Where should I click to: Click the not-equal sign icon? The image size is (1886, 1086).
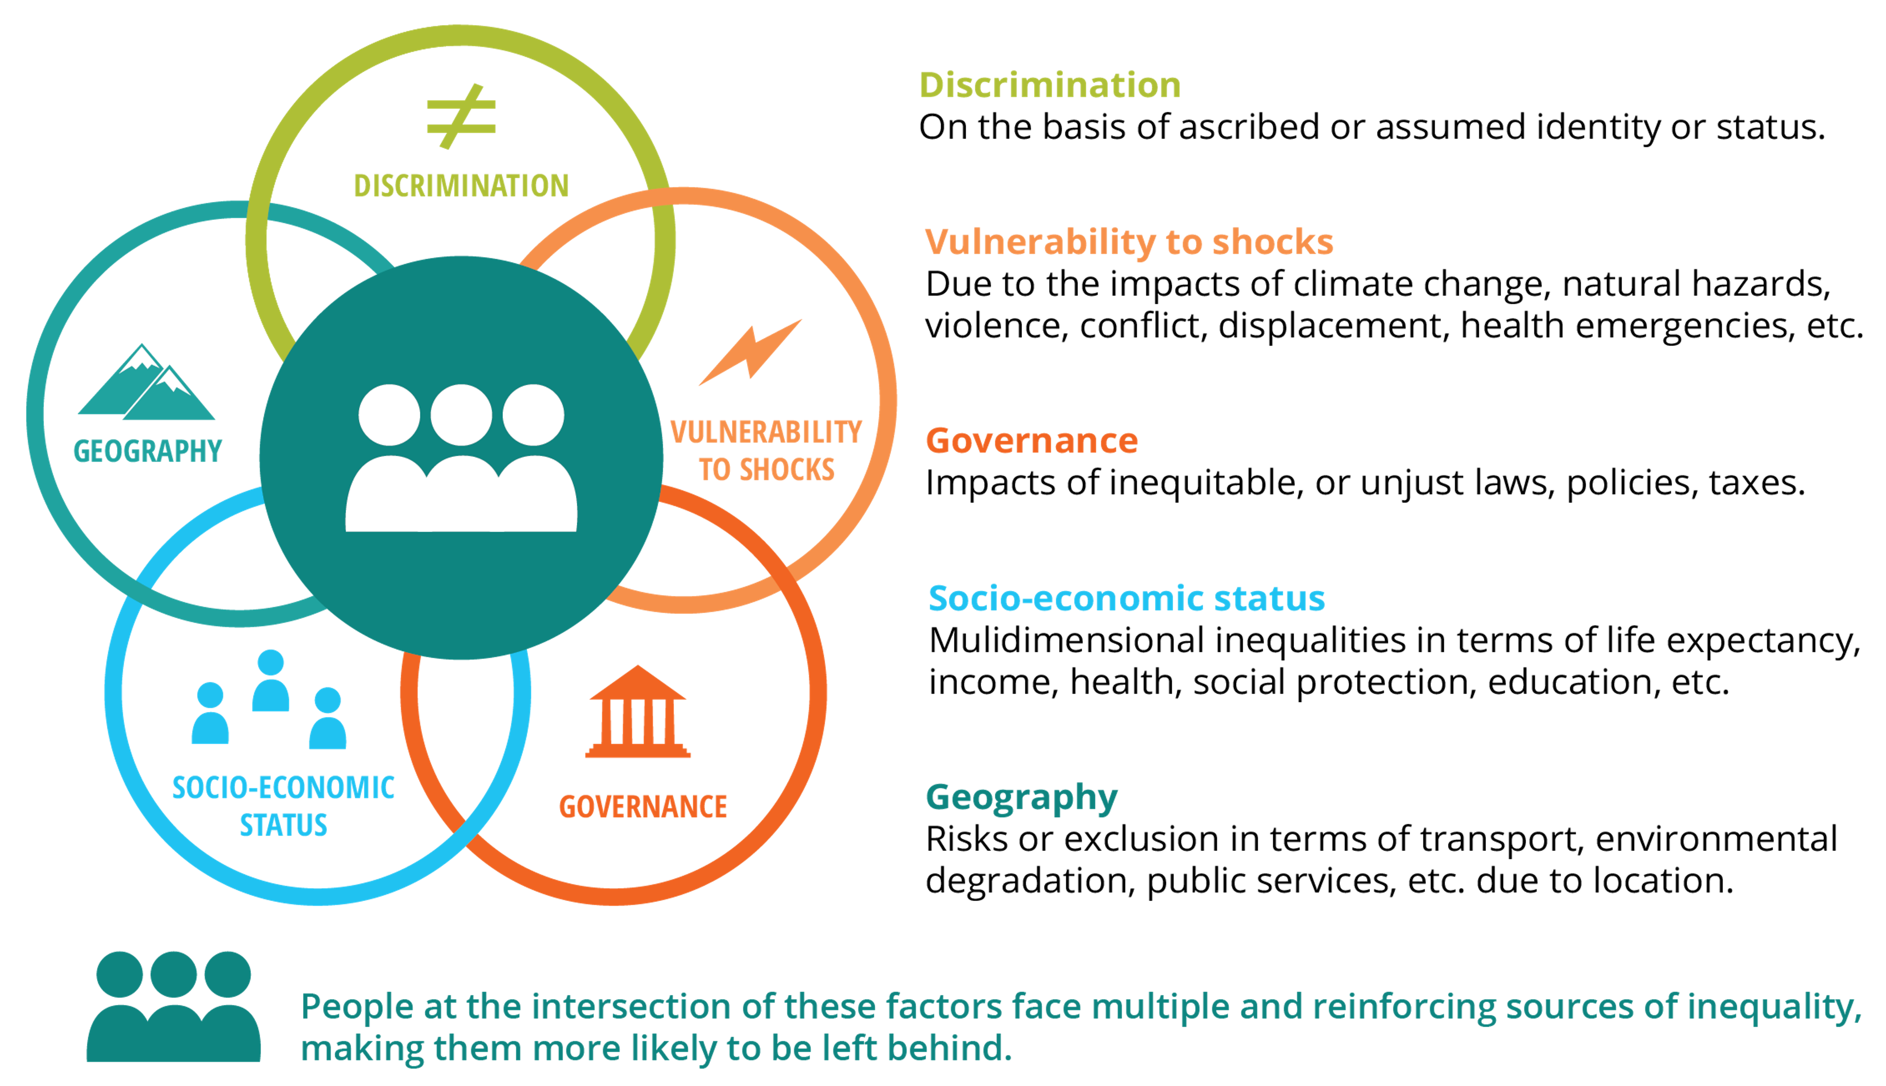(461, 117)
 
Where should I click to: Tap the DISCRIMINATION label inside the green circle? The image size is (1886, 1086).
(461, 186)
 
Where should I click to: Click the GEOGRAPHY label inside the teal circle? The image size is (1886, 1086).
(148, 451)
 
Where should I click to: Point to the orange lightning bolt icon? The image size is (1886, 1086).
(750, 352)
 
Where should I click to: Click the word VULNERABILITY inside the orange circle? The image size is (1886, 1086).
(766, 432)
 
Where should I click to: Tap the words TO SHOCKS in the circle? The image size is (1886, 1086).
(766, 470)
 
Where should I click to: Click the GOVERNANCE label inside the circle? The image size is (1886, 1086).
(643, 807)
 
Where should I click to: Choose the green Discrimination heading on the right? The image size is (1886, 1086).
(1049, 85)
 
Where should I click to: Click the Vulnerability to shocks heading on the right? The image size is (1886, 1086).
(1128, 242)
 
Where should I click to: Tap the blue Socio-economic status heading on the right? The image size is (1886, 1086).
(1126, 599)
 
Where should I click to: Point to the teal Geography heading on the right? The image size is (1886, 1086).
(1021, 797)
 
